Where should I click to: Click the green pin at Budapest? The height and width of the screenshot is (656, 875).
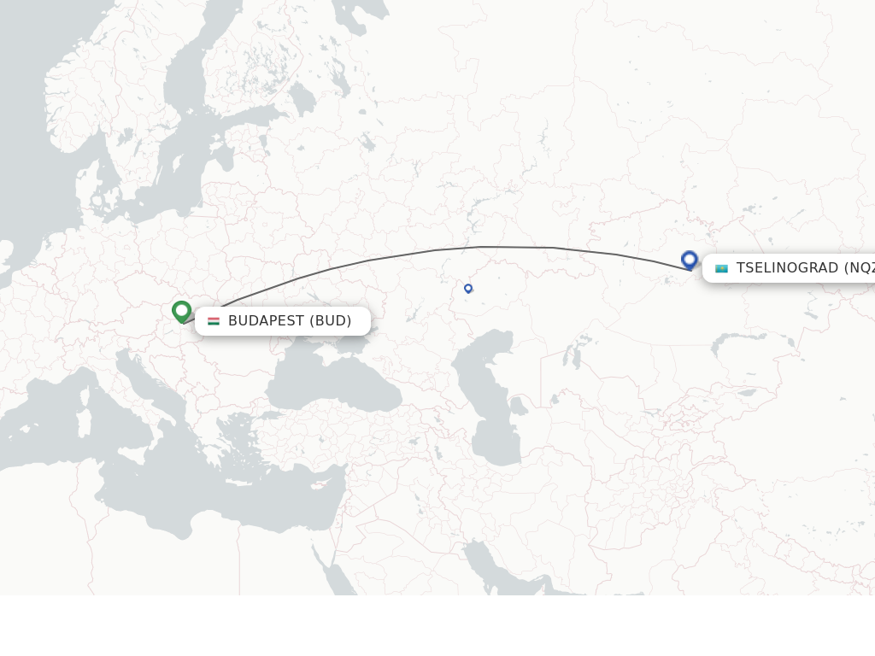(x=181, y=311)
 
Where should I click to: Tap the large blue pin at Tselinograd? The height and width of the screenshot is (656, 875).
(x=690, y=260)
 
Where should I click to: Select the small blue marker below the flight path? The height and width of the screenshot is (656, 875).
(x=468, y=289)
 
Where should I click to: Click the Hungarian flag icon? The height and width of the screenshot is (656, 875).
(x=214, y=321)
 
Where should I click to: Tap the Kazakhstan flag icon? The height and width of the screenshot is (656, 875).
(x=721, y=268)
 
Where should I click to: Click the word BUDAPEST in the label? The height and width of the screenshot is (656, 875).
(x=266, y=321)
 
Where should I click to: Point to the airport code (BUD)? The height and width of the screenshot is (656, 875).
(x=331, y=321)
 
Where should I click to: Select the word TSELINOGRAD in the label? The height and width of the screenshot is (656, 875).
(x=787, y=268)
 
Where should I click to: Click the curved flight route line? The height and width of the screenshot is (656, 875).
(x=479, y=247)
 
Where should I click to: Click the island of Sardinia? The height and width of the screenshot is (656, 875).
(x=84, y=422)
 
